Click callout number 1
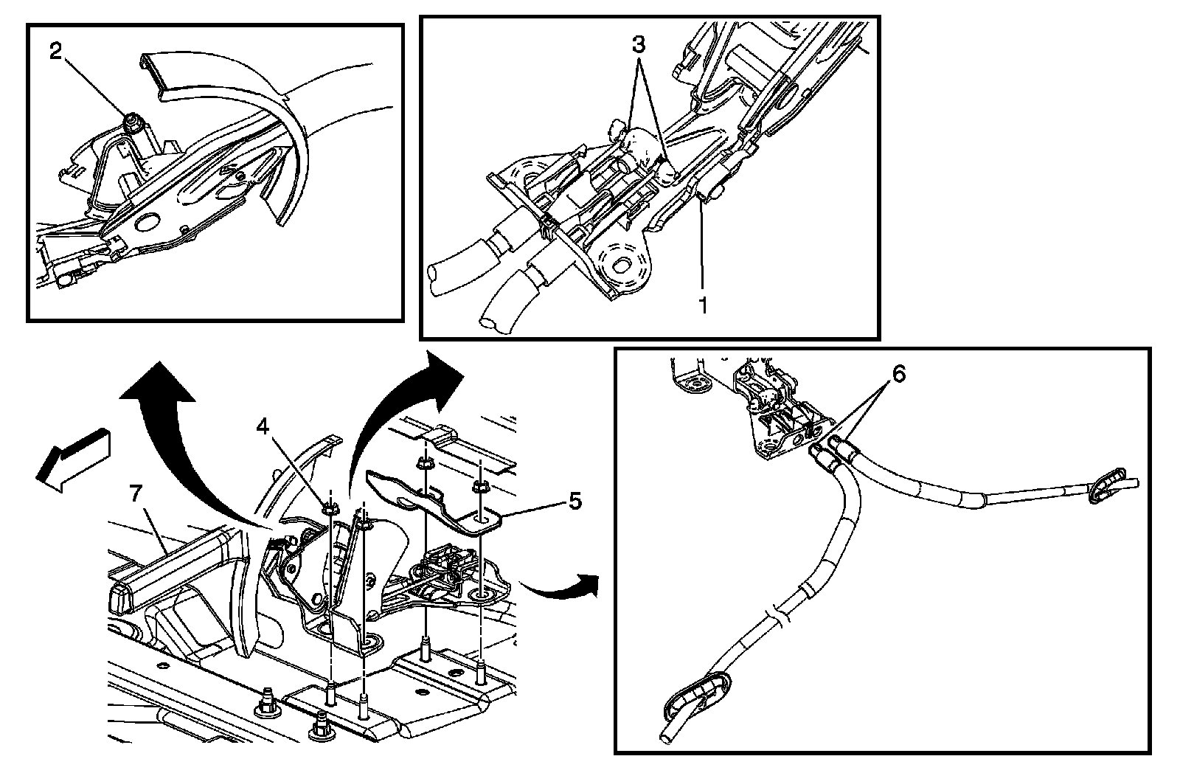point(703,305)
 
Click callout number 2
point(56,52)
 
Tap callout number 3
point(638,45)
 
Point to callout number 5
point(575,501)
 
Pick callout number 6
point(899,374)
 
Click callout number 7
point(136,493)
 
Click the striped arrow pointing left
point(73,458)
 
